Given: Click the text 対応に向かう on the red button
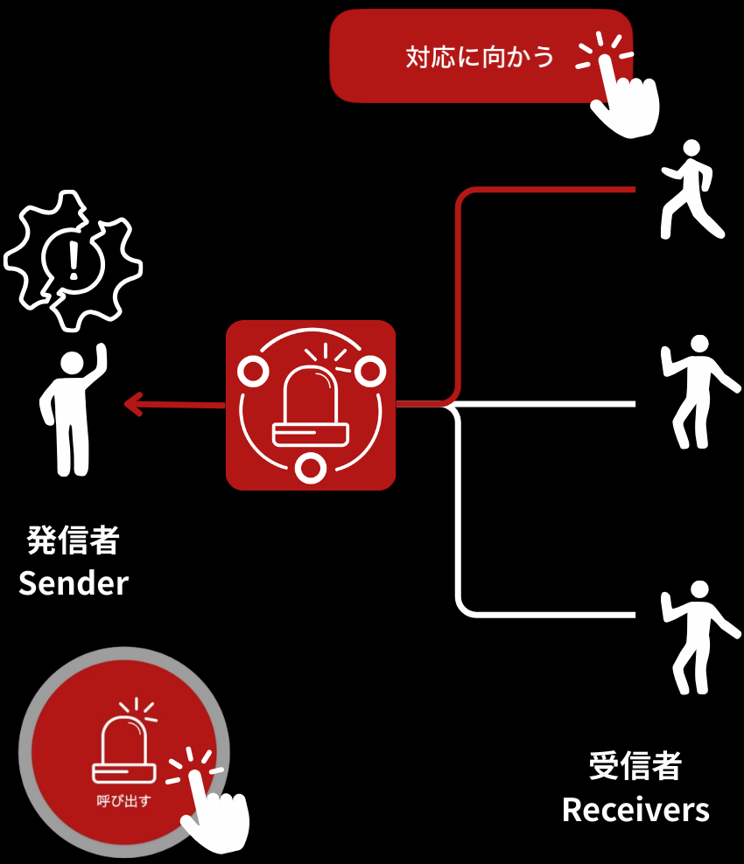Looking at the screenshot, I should click(x=480, y=58).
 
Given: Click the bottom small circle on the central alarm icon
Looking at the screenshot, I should click(x=310, y=468).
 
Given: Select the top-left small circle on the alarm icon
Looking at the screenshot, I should click(x=252, y=372).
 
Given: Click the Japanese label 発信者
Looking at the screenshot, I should click(x=73, y=540).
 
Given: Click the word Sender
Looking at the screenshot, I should click(x=74, y=582).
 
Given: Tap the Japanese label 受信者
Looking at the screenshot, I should click(x=635, y=766).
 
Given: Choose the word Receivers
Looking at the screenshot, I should click(x=635, y=809).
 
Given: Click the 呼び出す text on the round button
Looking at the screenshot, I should click(x=123, y=799).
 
